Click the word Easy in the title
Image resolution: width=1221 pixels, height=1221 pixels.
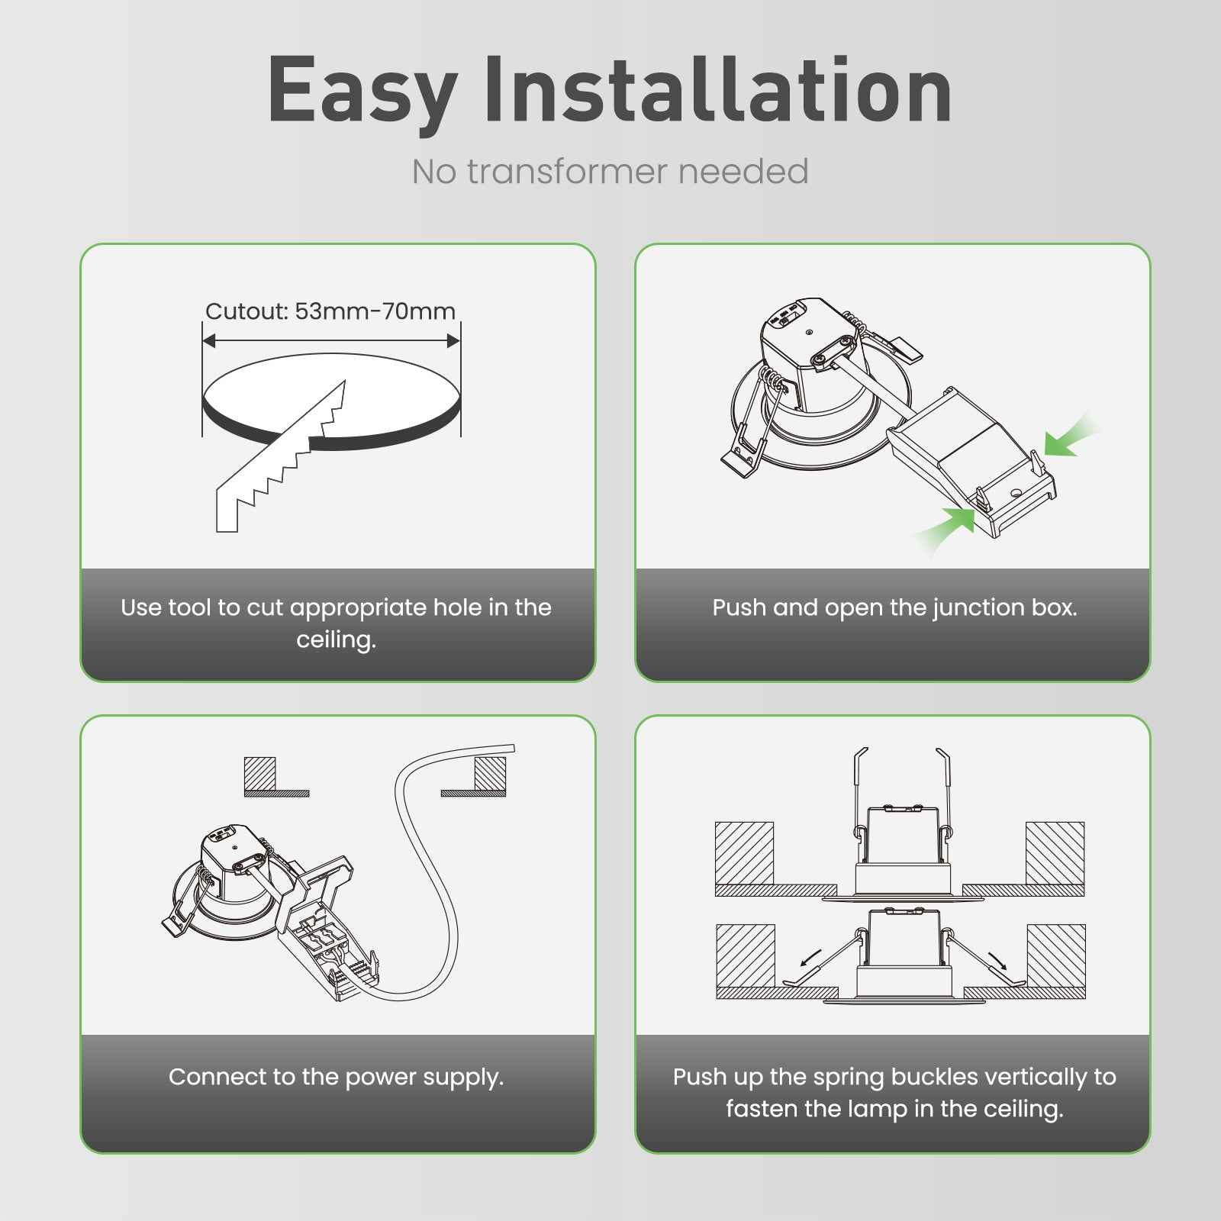click(x=362, y=92)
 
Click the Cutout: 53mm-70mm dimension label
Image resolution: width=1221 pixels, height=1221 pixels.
click(x=330, y=311)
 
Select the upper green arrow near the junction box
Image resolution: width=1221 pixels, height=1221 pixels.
click(x=1068, y=437)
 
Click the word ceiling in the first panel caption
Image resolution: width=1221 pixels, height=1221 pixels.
click(x=336, y=639)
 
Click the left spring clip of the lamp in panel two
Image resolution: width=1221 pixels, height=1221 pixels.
click(x=744, y=450)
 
